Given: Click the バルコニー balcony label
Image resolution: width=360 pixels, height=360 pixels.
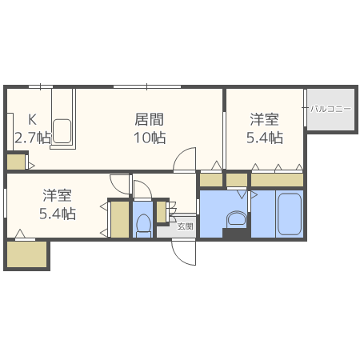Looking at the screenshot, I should point(331,108).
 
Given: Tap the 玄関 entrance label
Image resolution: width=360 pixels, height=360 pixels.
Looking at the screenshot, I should point(185,226).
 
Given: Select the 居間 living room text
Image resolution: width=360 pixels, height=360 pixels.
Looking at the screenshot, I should point(149,120).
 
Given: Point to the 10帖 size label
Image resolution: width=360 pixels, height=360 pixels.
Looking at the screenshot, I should point(150,138).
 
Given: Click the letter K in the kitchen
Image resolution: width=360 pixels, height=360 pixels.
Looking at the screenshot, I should point(34,121).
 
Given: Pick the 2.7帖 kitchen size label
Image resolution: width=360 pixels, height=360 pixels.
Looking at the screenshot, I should point(32,138).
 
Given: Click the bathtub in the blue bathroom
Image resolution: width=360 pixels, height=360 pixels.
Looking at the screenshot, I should point(290,213).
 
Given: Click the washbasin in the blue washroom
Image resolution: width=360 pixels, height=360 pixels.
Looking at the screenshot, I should point(236,218).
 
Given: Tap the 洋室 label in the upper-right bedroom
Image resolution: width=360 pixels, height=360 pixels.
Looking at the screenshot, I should point(264,120).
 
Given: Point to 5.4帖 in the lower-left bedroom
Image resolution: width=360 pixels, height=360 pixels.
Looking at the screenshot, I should point(58,214).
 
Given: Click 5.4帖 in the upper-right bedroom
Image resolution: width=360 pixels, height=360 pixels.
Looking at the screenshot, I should point(264,138).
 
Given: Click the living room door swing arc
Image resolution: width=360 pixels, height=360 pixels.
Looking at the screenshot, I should point(186,158).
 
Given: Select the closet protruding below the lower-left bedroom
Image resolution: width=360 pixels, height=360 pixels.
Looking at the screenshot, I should point(26,255).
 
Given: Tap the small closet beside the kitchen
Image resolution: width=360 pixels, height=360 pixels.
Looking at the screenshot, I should point(16,162).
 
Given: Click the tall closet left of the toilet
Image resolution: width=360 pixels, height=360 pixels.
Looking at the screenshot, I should point(119,218).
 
